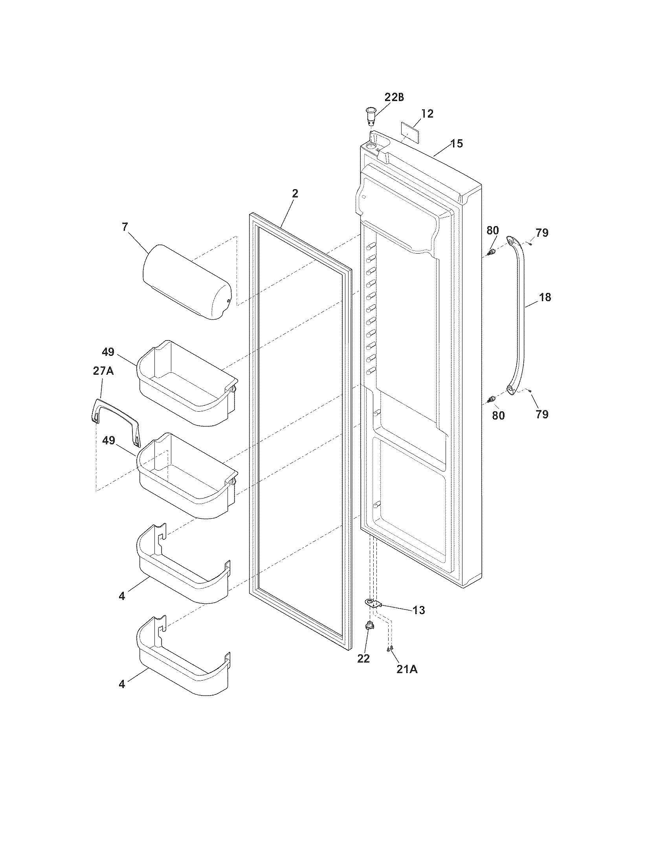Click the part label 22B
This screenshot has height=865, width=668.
(x=394, y=98)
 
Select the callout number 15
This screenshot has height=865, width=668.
(x=457, y=144)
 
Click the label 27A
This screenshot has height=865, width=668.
(x=103, y=371)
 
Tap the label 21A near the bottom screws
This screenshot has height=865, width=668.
(x=406, y=669)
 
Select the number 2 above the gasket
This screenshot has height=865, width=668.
(x=295, y=193)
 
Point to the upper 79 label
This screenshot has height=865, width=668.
(x=542, y=232)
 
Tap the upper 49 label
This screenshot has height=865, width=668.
(x=108, y=352)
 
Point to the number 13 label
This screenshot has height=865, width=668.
(x=419, y=610)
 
